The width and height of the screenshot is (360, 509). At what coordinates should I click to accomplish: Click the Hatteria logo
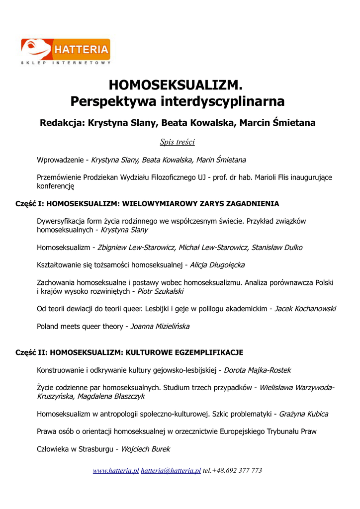66,51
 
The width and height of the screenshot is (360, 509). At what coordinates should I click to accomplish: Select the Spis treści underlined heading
178,142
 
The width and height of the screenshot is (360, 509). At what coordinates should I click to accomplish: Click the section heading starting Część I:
147,204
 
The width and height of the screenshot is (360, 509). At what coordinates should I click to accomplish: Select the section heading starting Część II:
129,352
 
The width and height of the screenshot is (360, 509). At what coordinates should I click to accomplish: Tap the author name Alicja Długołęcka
217,265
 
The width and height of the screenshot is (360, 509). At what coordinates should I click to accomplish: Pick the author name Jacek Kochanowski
305,309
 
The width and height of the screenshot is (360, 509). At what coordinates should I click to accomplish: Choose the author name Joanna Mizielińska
160,327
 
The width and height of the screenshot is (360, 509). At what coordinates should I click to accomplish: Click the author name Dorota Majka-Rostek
258,370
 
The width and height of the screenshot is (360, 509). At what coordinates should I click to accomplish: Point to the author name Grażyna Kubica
303,414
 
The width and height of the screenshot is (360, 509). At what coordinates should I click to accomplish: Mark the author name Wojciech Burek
145,449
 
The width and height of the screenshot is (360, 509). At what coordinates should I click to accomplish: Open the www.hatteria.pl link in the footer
116,470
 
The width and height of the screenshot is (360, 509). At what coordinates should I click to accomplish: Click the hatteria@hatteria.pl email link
171,470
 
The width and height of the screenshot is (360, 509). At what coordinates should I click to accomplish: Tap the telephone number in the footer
232,470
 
